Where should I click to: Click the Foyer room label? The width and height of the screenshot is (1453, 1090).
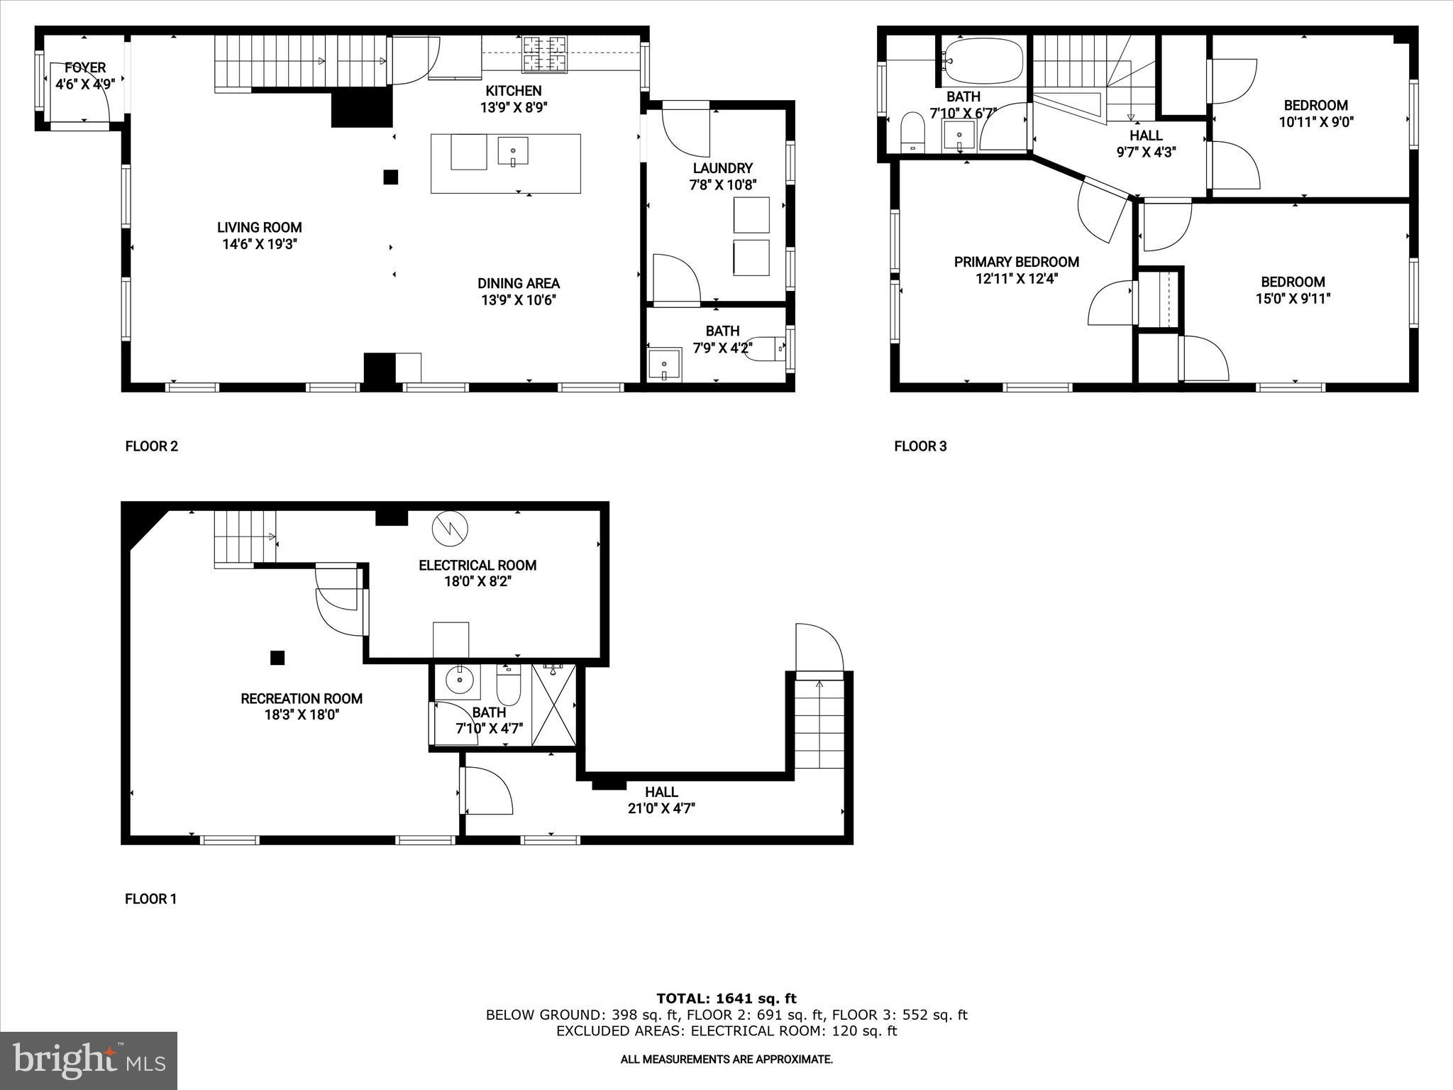pyautogui.click(x=85, y=68)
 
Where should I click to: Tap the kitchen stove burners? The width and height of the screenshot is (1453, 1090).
pyautogui.click(x=545, y=54)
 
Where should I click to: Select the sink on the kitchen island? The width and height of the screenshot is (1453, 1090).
pyautogui.click(x=513, y=151)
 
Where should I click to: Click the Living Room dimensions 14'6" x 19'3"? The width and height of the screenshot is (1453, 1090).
pyautogui.click(x=259, y=244)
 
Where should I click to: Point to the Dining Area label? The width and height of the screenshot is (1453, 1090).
pyautogui.click(x=518, y=283)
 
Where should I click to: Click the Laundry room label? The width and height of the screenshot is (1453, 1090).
pyautogui.click(x=722, y=168)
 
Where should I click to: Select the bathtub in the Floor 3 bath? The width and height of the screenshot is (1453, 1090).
pyautogui.click(x=984, y=60)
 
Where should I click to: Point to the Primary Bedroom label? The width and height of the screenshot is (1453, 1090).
pyautogui.click(x=1016, y=262)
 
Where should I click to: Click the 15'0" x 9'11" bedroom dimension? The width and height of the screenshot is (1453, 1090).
pyautogui.click(x=1292, y=299)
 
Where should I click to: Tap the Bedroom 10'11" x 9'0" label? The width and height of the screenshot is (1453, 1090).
pyautogui.click(x=1315, y=105)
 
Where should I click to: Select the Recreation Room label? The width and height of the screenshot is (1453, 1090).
pyautogui.click(x=302, y=698)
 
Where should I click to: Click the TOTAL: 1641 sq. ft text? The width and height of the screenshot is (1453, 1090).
pyautogui.click(x=726, y=999)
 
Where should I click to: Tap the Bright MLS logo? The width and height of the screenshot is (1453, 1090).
pyautogui.click(x=89, y=1060)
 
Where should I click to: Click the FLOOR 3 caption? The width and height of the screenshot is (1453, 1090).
pyautogui.click(x=919, y=446)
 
